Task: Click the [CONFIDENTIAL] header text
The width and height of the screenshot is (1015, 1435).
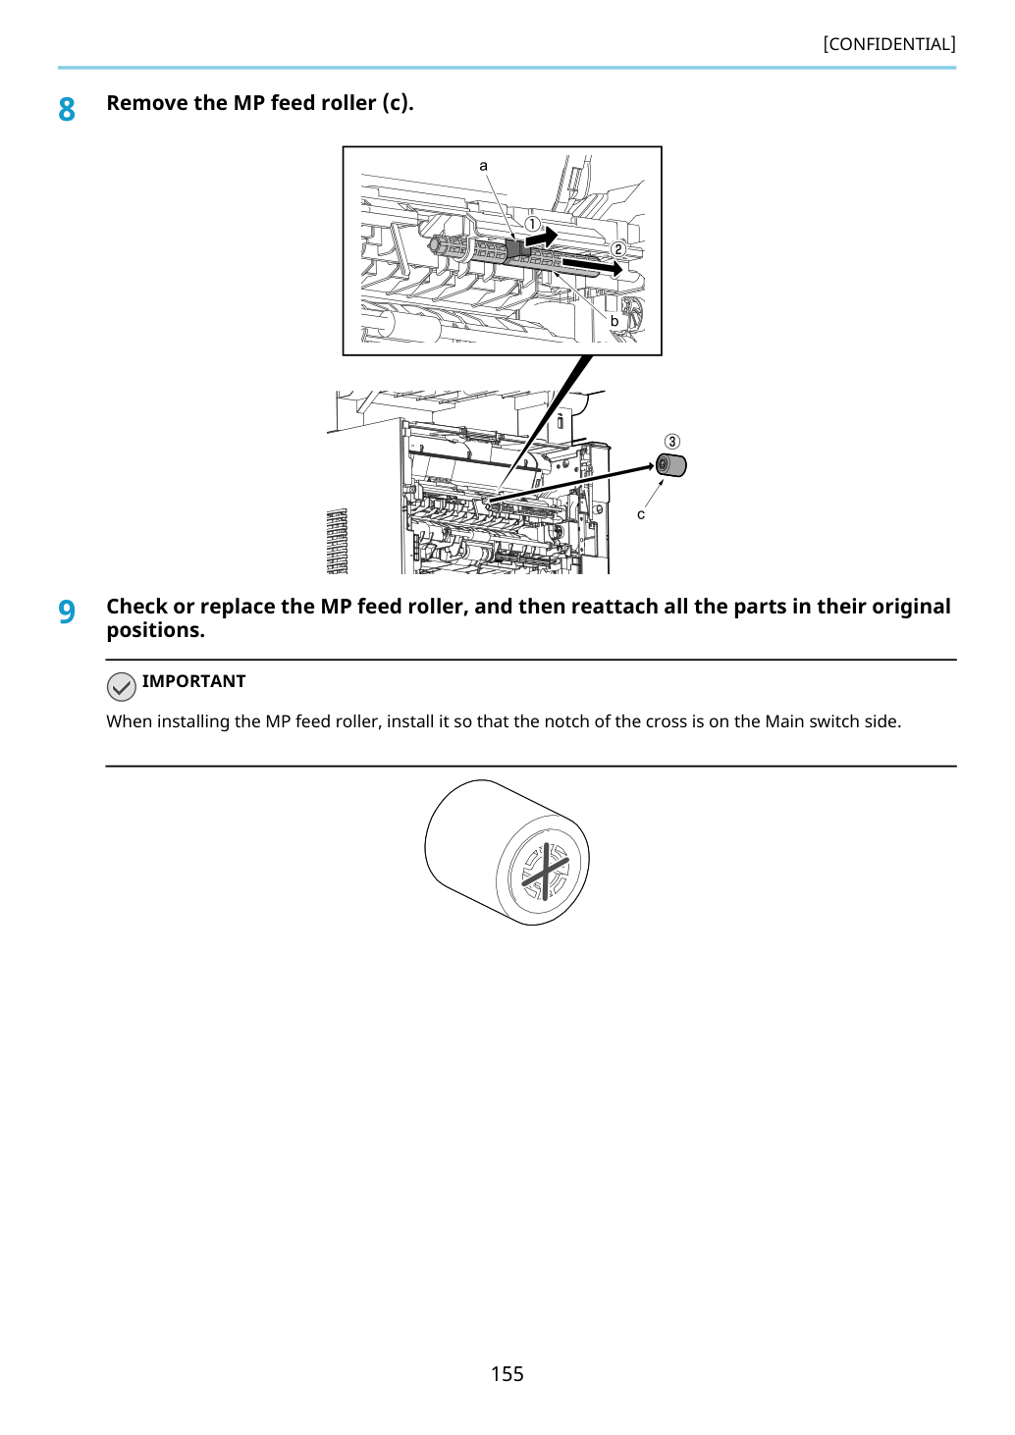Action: pyautogui.click(x=888, y=44)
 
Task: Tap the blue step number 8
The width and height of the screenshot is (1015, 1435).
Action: pyautogui.click(x=67, y=110)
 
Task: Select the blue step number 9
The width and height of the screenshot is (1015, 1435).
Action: pyautogui.click(x=67, y=611)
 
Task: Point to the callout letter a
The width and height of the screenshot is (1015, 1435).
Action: pyautogui.click(x=484, y=166)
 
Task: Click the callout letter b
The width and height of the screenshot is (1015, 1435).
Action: pyautogui.click(x=614, y=321)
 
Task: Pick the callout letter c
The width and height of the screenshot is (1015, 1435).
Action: pyautogui.click(x=641, y=514)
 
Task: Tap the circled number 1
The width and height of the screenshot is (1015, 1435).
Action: pyautogui.click(x=532, y=224)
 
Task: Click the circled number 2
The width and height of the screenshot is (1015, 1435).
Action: pyautogui.click(x=617, y=249)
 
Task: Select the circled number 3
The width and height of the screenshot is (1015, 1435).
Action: pyautogui.click(x=671, y=442)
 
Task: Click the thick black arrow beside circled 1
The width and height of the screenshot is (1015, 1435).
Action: pyautogui.click(x=542, y=239)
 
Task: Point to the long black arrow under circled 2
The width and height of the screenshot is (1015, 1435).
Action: pyautogui.click(x=593, y=265)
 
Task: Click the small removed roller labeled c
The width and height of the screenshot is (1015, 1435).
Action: pyautogui.click(x=670, y=465)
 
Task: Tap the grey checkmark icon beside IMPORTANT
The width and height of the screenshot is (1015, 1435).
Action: pyautogui.click(x=121, y=687)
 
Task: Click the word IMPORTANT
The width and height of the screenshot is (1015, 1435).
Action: pyautogui.click(x=193, y=681)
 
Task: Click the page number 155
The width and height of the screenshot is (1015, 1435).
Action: pyautogui.click(x=507, y=1373)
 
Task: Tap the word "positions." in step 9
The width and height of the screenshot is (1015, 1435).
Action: pyautogui.click(x=156, y=630)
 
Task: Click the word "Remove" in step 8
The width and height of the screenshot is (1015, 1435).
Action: pyautogui.click(x=146, y=103)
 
